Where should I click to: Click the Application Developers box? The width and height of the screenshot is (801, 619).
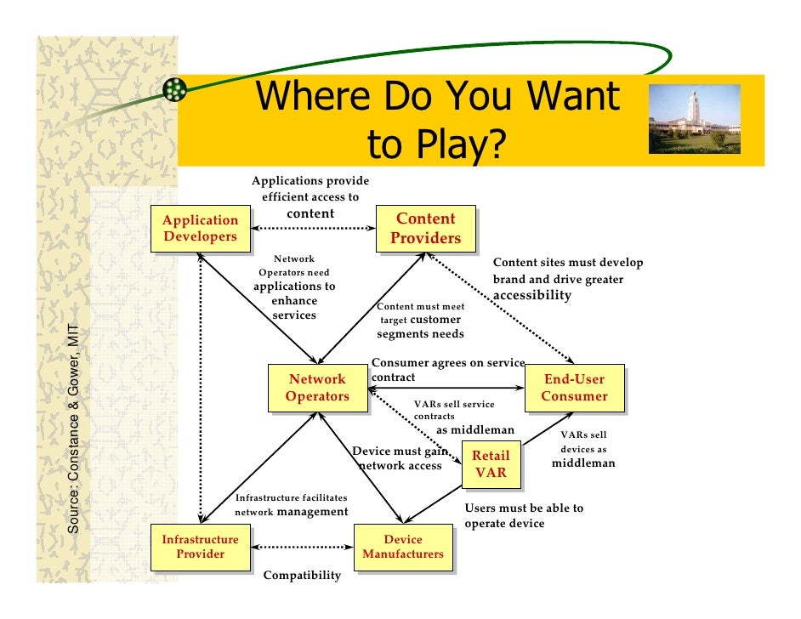(x=200, y=228)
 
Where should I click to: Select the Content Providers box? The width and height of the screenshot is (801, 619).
(x=425, y=229)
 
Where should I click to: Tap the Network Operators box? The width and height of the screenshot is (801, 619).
(x=317, y=388)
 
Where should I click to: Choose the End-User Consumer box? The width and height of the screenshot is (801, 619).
(x=574, y=388)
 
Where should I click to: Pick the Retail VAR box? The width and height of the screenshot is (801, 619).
(x=491, y=464)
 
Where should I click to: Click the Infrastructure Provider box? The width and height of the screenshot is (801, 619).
(x=200, y=547)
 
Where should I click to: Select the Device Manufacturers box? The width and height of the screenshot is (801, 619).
(x=402, y=547)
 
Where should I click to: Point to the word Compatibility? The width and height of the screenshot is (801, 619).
(x=302, y=576)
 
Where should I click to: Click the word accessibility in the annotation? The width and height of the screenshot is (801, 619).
(x=532, y=296)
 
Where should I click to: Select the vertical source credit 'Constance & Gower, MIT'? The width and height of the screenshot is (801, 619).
(x=75, y=429)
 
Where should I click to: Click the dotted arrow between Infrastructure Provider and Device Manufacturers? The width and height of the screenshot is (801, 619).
(x=301, y=547)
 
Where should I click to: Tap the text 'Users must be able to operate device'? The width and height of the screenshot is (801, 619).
(x=524, y=516)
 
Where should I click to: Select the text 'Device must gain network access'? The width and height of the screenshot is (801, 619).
(x=400, y=459)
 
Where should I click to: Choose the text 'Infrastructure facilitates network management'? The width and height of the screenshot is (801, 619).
(x=291, y=504)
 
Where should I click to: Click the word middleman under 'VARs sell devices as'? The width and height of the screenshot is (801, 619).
(x=583, y=463)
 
